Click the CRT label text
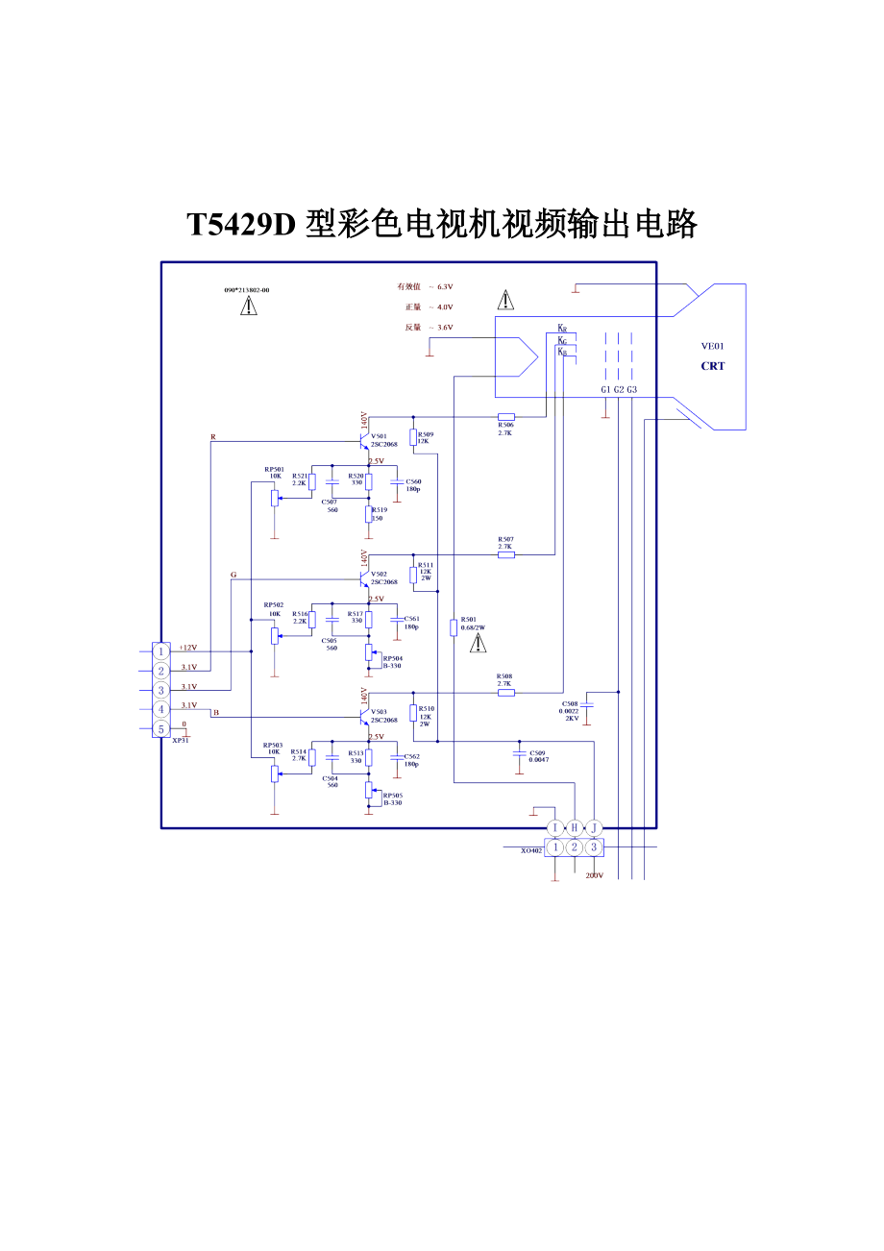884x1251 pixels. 713,366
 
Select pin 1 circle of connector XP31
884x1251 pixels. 161,651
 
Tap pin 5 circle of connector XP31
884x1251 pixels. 161,728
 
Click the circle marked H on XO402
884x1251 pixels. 575,828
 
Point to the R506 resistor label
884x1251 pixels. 505,425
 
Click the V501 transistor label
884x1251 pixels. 379,436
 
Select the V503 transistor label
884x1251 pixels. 379,712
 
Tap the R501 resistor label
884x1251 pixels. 469,620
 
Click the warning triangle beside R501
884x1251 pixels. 478,643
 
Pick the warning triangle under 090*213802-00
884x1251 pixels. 249,306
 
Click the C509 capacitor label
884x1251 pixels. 537,752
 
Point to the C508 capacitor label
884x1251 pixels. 570,704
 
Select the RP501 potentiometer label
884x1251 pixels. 274,469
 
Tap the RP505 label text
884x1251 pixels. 392,796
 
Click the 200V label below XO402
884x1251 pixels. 594,875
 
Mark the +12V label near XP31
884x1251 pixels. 187,648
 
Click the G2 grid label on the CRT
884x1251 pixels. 619,389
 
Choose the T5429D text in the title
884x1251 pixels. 243,225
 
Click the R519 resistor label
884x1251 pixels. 379,510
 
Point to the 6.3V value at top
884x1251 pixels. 445,286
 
